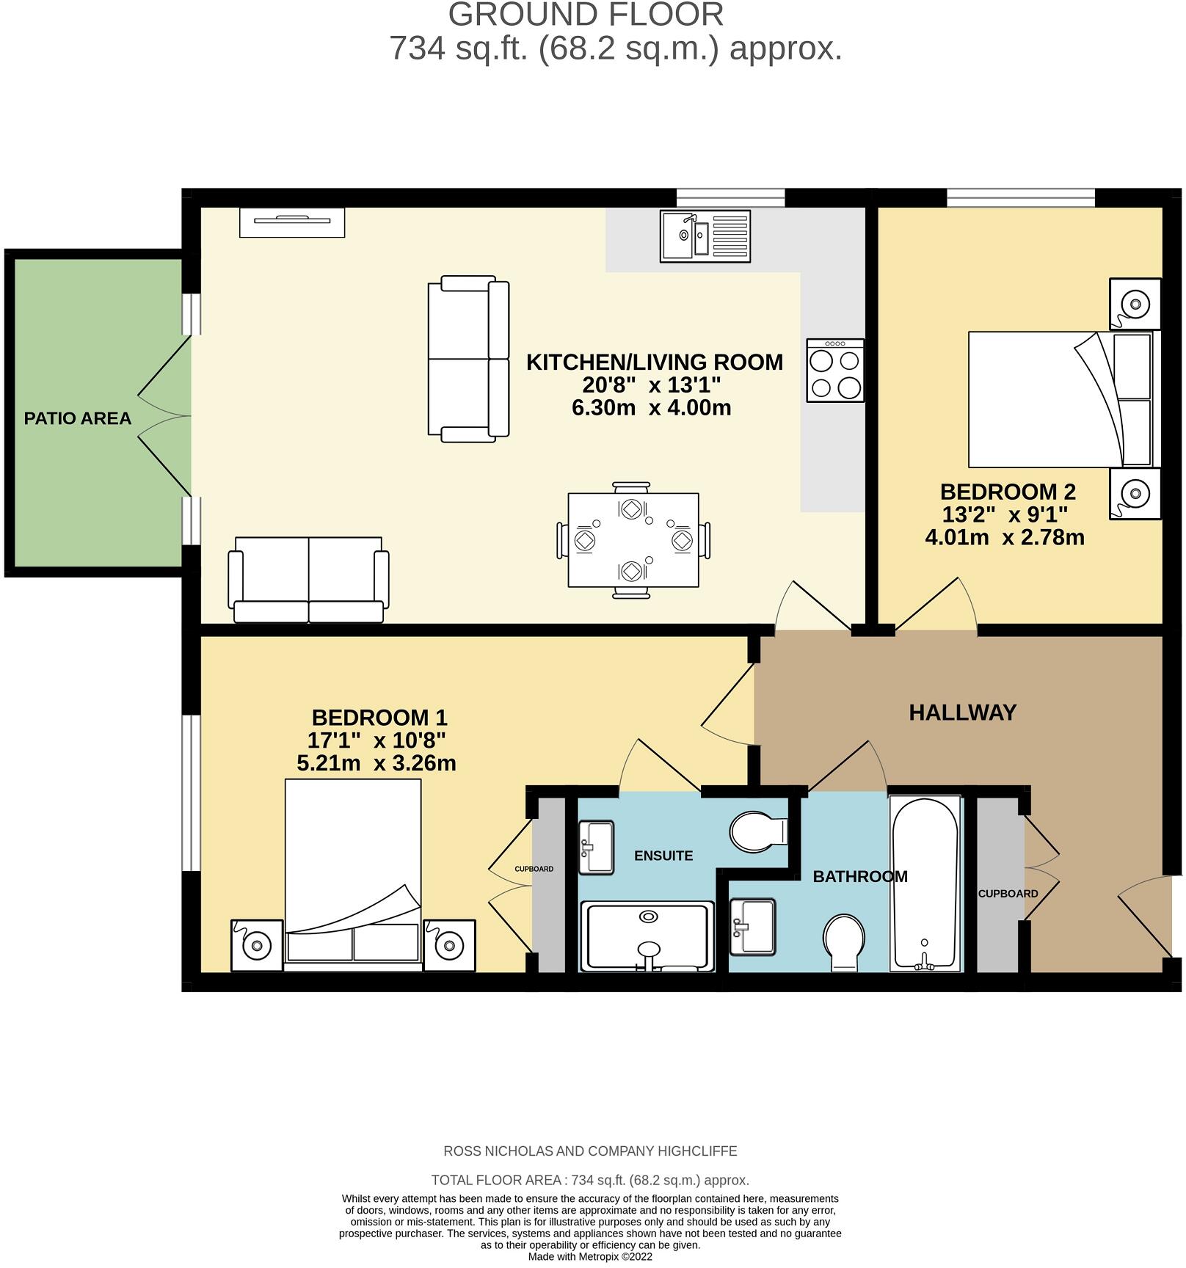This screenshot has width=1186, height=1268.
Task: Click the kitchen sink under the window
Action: tap(705, 236)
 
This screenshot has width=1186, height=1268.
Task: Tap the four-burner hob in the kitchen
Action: tap(834, 371)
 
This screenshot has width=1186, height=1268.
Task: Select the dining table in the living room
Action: tap(633, 540)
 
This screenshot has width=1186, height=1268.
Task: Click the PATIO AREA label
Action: tap(77, 418)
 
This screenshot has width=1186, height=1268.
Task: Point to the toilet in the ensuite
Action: tap(757, 832)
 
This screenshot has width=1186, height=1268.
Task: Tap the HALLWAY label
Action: tap(962, 713)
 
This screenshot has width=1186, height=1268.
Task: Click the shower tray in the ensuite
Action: tap(647, 936)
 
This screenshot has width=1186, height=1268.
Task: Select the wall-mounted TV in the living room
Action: tap(292, 222)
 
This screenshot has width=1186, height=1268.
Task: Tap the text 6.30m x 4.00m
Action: tap(651, 408)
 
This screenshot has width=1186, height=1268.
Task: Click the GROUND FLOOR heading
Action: tap(586, 15)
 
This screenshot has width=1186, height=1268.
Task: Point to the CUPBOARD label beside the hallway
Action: tap(1007, 894)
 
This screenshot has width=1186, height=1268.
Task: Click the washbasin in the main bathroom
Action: tap(752, 926)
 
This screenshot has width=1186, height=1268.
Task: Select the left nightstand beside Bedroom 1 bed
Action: tap(257, 945)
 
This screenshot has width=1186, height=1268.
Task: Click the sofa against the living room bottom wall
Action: tap(308, 580)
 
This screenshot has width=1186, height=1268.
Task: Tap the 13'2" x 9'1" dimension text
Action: tap(1004, 514)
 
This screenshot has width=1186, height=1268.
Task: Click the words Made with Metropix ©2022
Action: tap(590, 1256)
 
